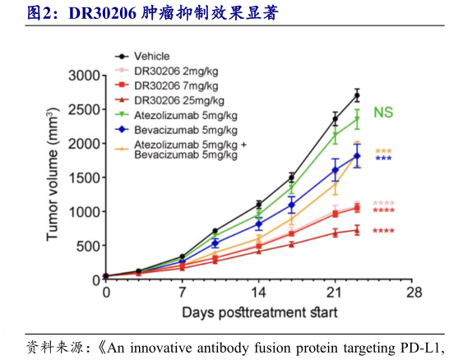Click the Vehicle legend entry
151,57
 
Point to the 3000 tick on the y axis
82,76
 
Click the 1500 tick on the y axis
82,178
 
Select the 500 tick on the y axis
86,246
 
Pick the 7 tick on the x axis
182,293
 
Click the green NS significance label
384,112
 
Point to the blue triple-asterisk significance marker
383,159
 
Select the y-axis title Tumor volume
53,177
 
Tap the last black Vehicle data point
357,96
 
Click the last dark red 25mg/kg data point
357,230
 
